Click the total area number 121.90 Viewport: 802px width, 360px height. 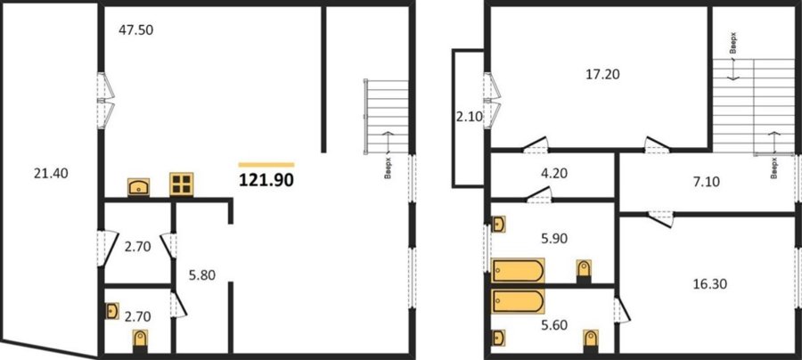[266, 180]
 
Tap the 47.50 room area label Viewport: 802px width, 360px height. [136, 30]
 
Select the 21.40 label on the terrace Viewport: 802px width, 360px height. [51, 174]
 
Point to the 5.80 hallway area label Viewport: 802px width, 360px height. [202, 275]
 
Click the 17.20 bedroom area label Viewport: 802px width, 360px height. [602, 75]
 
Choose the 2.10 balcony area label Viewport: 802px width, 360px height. [470, 117]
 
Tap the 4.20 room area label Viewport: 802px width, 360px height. [554, 173]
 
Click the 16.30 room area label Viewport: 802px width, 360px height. [710, 283]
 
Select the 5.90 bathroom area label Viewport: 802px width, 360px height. [554, 238]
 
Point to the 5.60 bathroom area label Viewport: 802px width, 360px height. [554, 324]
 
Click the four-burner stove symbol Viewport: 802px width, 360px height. [182, 184]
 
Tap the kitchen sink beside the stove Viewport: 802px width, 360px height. [139, 186]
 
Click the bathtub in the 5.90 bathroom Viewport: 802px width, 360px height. [518, 271]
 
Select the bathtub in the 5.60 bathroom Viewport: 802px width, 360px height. [518, 301]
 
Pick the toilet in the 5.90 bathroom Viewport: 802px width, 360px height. [584, 271]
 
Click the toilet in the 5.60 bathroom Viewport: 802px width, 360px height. [591, 341]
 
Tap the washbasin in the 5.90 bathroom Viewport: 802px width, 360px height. [499, 224]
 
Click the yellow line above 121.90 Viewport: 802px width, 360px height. [266, 165]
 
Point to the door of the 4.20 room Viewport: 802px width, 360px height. [540, 195]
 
